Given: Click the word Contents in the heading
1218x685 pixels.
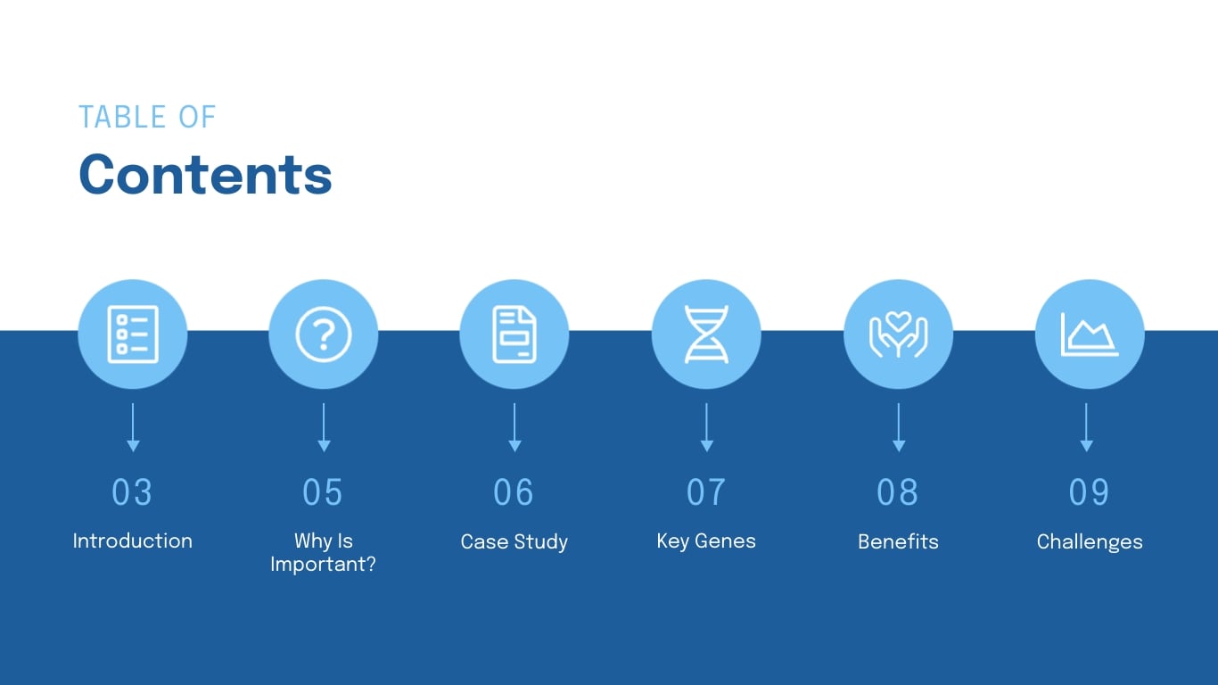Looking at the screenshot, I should (205, 175).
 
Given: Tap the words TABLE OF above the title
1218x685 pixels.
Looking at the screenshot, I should (147, 117).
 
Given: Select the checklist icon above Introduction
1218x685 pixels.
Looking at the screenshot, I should (133, 334).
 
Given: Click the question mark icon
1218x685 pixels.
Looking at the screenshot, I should (324, 334).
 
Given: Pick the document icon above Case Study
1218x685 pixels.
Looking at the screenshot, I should (514, 334).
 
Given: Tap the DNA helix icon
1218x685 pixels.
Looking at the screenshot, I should (706, 334).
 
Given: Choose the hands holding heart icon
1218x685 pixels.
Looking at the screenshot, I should (898, 334).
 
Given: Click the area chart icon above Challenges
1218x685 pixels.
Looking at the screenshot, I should (1089, 334).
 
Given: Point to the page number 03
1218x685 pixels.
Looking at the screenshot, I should (132, 492).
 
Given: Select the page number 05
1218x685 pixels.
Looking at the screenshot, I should (323, 492).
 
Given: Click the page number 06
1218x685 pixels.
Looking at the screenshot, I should (514, 492).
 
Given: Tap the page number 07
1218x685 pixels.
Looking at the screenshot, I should (706, 492).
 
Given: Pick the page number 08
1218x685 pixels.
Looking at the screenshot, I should (898, 492).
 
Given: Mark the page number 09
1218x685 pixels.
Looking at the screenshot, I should (1089, 492).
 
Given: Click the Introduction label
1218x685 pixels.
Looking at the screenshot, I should (132, 541).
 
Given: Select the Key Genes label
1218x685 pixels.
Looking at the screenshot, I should (706, 541).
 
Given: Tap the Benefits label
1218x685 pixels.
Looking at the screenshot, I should (898, 541).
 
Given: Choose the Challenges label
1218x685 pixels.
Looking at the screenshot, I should (1089, 541).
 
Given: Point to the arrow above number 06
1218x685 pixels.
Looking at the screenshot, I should (514, 427).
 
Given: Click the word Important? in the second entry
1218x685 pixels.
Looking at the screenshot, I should (323, 565).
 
